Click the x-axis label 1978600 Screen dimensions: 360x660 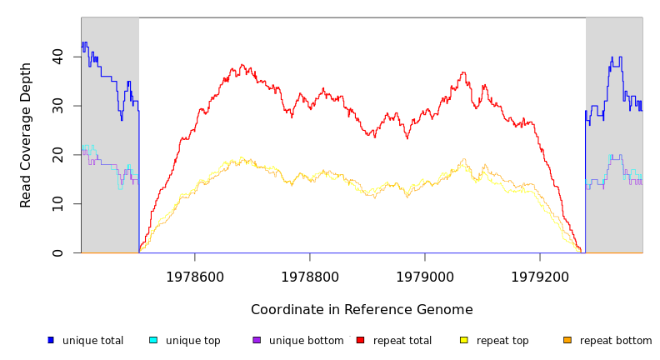click(x=195, y=277)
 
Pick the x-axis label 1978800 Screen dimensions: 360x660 click(x=310, y=277)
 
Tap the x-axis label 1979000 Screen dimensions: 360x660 click(x=425, y=277)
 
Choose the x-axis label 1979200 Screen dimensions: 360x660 click(x=540, y=277)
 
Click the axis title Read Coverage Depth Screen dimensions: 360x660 click(x=27, y=135)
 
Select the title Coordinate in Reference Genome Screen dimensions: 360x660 click(x=362, y=310)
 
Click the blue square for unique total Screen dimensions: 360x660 click(x=51, y=340)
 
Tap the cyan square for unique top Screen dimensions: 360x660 click(x=153, y=340)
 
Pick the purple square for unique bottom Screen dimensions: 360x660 click(x=257, y=340)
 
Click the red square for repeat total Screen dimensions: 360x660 click(x=360, y=340)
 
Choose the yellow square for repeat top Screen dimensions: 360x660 click(x=464, y=340)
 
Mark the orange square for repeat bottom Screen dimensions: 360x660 click(x=567, y=340)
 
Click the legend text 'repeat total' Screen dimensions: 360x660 click(x=402, y=341)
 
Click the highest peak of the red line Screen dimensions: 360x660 click(x=242, y=64)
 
